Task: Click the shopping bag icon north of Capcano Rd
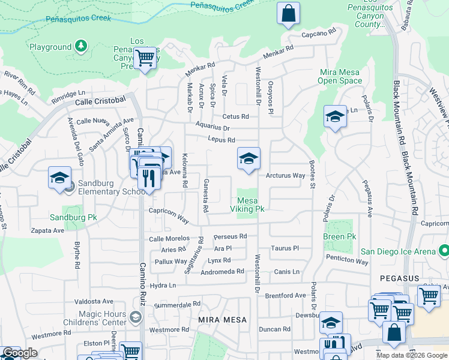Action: pos(288,13)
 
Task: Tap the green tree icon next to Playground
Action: pos(80,46)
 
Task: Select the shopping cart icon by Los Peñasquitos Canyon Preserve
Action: pos(145,59)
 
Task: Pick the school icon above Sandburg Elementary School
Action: pos(59,178)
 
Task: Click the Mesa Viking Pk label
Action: pos(247,205)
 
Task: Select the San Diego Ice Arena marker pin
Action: pos(444,249)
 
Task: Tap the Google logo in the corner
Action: pos(20,353)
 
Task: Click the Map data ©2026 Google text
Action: pos(412,355)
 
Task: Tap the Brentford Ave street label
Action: pos(286,295)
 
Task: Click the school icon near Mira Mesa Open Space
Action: pos(335,117)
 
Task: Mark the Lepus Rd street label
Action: pos(222,140)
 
